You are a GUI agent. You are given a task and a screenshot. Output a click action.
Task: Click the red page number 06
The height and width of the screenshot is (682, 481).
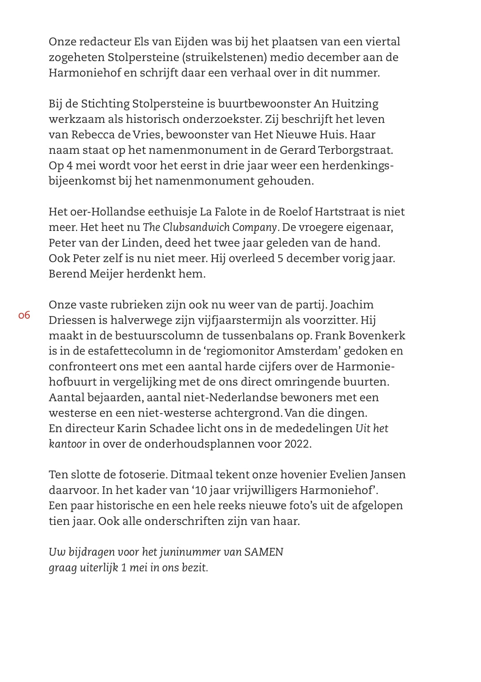coord(24,316)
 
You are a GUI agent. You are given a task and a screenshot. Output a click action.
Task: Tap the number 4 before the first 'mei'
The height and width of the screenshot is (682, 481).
coord(68,166)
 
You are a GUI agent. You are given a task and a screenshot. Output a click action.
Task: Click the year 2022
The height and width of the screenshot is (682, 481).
coord(297,444)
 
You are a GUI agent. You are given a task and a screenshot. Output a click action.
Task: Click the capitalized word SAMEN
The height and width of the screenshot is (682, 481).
coord(264,552)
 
